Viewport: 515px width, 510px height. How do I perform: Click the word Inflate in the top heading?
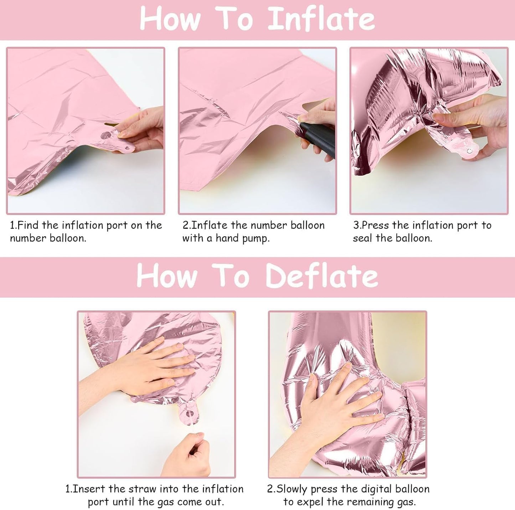click(321, 19)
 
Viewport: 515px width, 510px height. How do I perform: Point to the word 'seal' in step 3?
click(362, 238)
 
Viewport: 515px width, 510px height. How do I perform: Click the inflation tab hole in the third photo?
click(469, 151)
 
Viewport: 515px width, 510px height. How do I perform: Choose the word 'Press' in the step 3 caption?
click(376, 225)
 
